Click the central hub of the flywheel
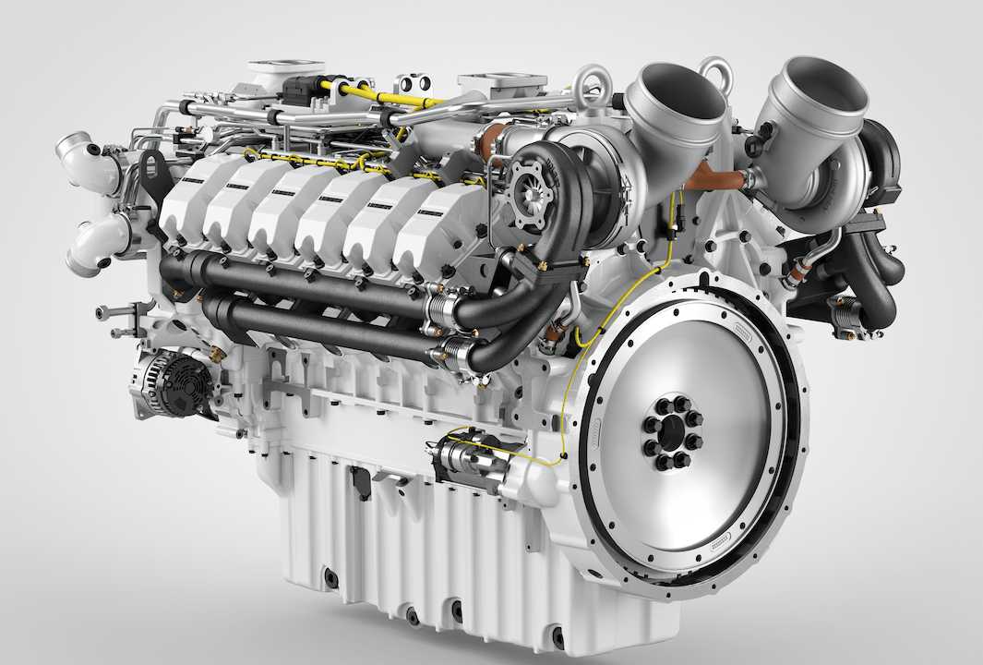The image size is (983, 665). (672, 433)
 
